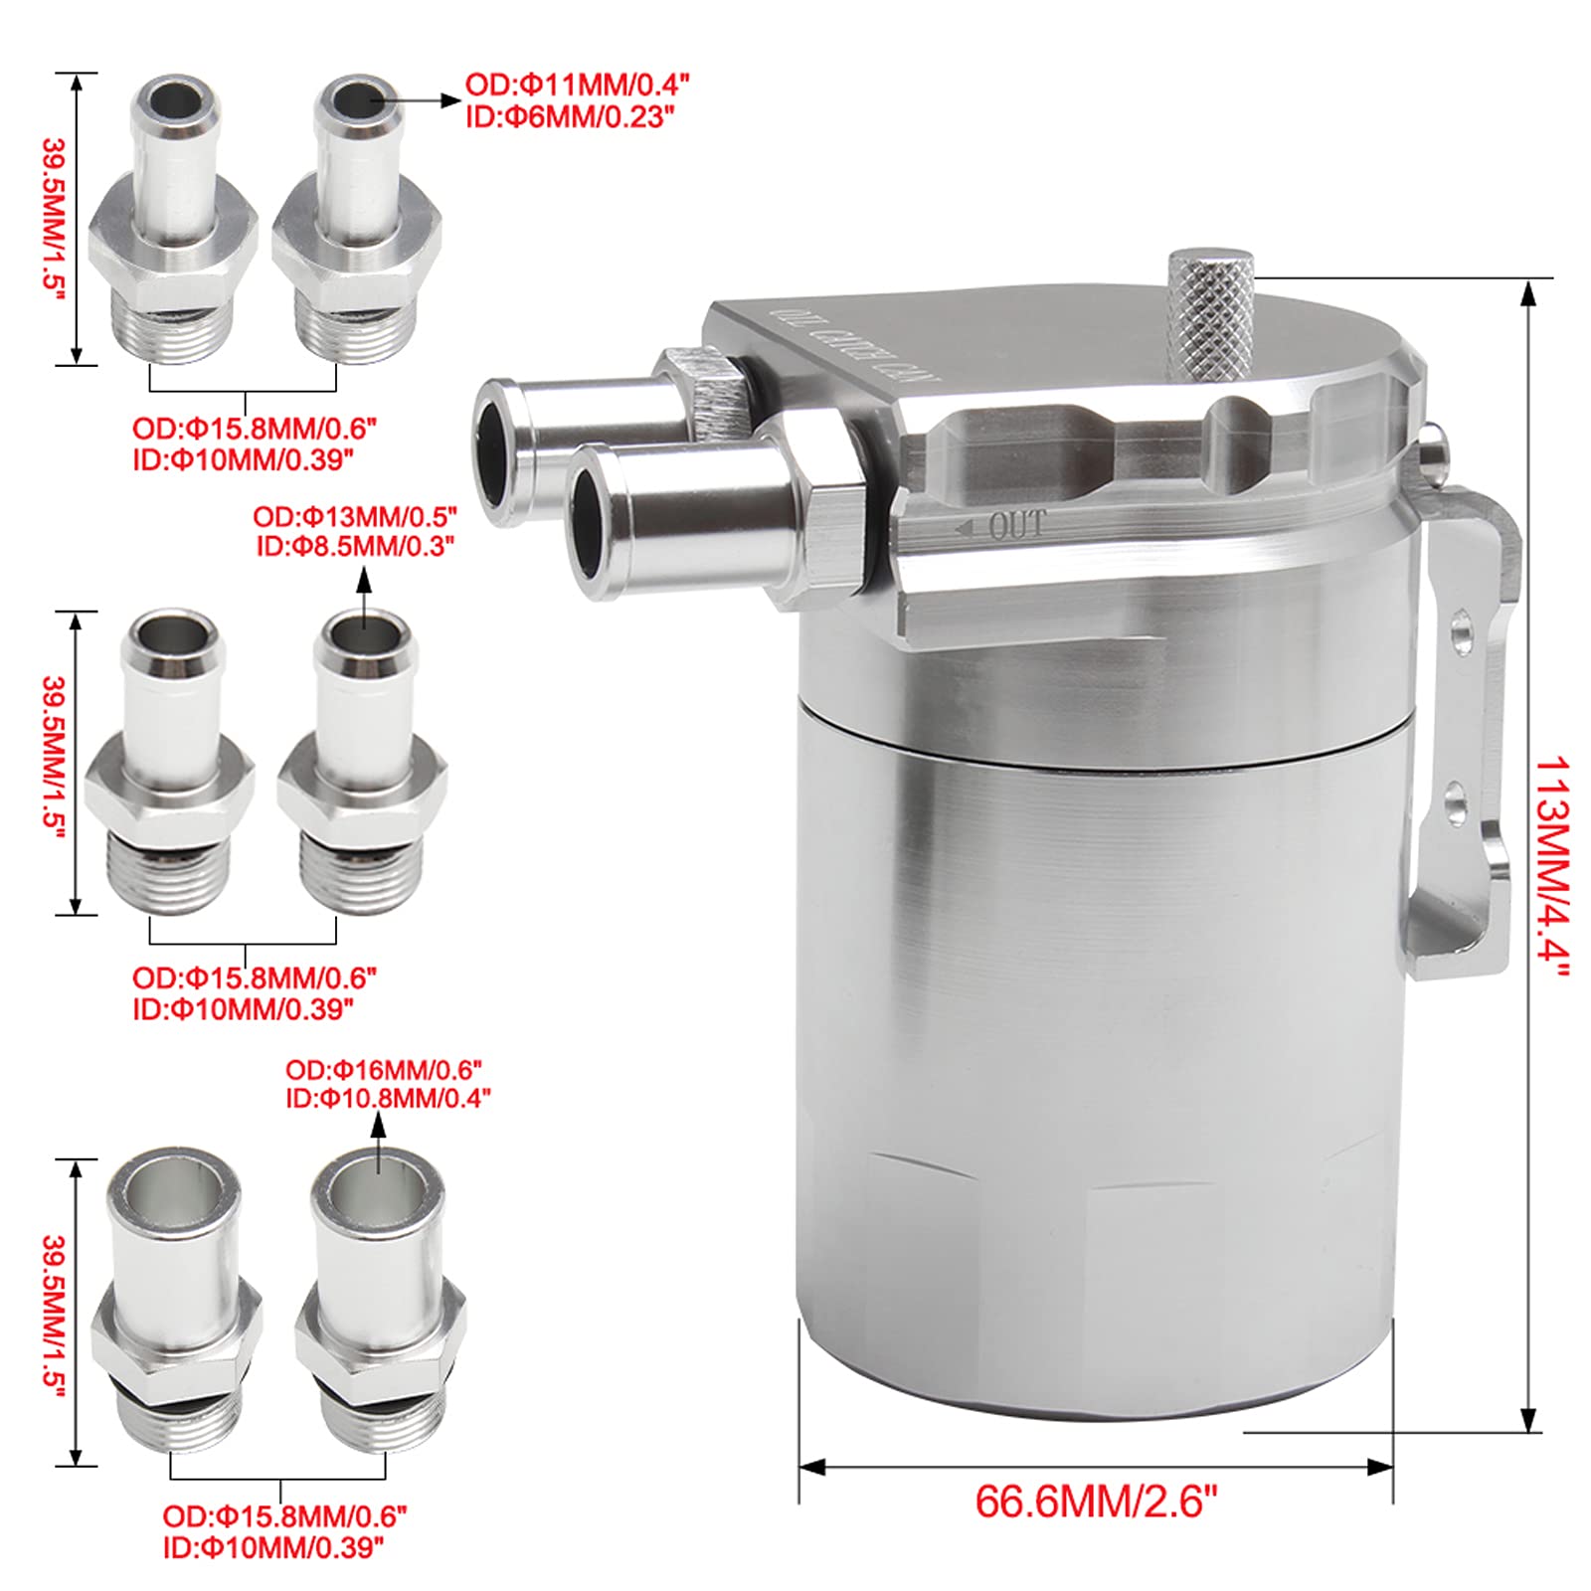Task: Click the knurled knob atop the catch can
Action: tap(1209, 313)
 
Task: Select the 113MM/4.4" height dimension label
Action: tap(1552, 866)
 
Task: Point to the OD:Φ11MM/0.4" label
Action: tap(577, 85)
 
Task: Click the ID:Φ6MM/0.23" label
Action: tap(570, 116)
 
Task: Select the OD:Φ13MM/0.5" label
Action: tap(355, 517)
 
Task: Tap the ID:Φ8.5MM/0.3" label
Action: tap(355, 546)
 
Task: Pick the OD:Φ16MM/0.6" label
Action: tap(384, 1070)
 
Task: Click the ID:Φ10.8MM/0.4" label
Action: tap(388, 1098)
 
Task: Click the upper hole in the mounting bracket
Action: tap(1461, 631)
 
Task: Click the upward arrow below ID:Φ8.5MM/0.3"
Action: tap(364, 598)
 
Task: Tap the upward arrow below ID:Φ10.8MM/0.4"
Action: tap(377, 1145)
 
